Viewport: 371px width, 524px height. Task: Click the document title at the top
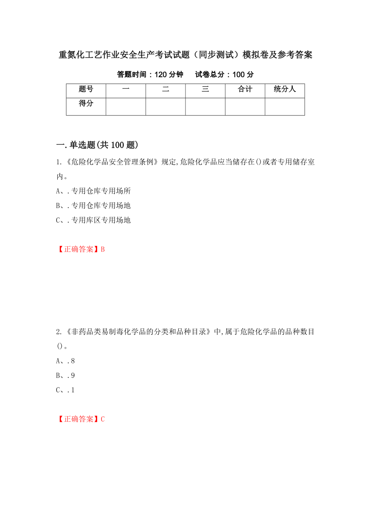185,55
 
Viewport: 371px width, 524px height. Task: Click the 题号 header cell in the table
86,89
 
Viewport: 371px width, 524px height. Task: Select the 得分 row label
86,104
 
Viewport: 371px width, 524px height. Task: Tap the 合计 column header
245,89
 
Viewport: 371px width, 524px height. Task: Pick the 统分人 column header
285,89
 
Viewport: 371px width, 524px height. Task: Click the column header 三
205,89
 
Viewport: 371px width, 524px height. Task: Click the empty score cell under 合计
245,107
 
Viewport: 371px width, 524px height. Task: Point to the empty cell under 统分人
285,107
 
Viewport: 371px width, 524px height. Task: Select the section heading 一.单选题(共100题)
97,145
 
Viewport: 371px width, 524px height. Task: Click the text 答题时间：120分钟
150,74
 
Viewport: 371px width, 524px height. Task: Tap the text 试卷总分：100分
224,74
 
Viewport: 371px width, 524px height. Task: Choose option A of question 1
93,191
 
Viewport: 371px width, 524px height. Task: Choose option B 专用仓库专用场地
93,206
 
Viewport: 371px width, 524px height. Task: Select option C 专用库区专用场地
93,220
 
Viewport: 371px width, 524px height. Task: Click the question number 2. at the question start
58,332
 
